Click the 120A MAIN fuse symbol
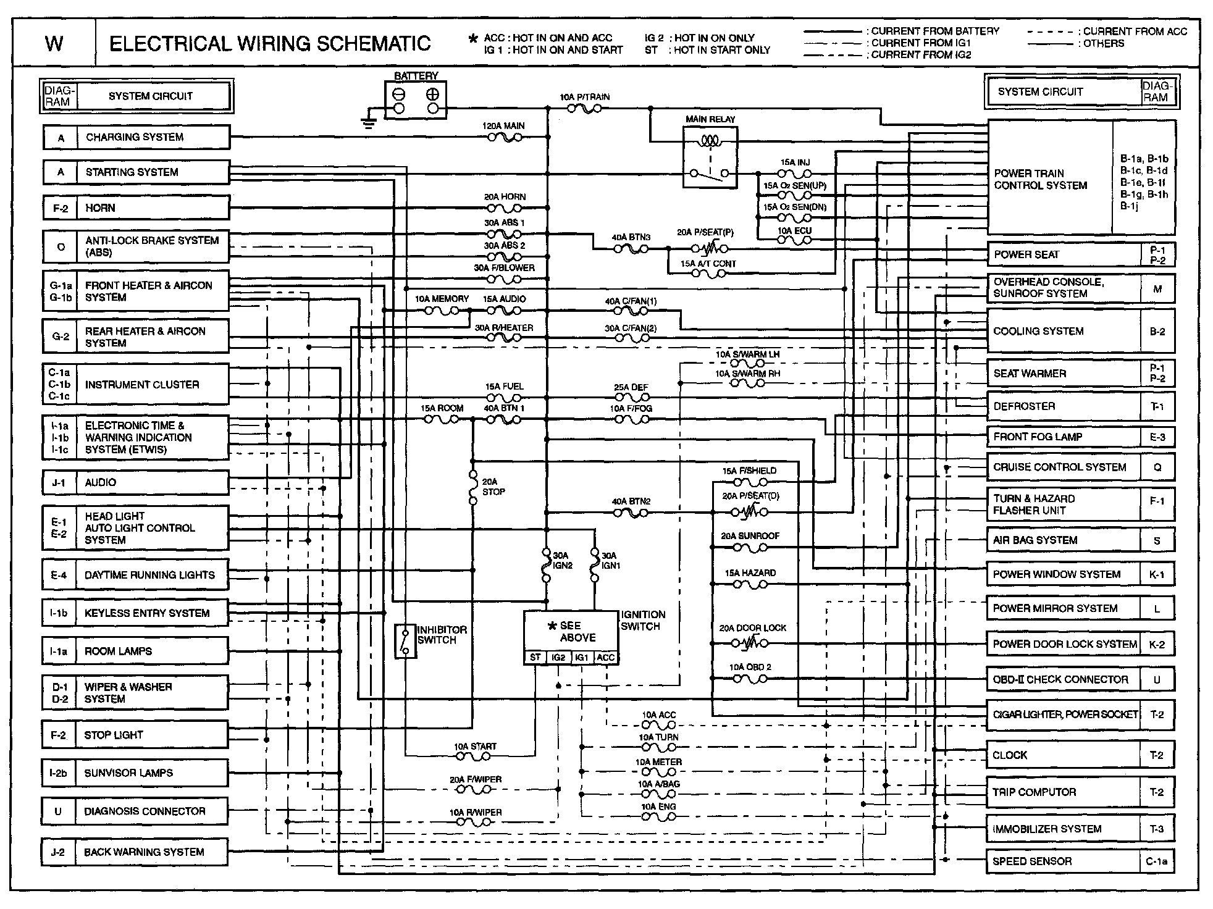(x=505, y=137)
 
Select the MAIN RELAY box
(x=710, y=157)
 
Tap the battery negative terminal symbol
(x=399, y=95)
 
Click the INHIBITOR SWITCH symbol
(x=405, y=641)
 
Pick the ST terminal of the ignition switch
(x=535, y=658)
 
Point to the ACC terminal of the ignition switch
(x=606, y=658)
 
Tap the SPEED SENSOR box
(x=1062, y=861)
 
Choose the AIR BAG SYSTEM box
(x=1062, y=540)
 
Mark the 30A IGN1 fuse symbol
(x=595, y=565)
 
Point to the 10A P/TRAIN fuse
(x=584, y=109)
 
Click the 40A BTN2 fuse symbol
(x=631, y=513)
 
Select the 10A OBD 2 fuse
(x=750, y=679)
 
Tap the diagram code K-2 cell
(x=1157, y=644)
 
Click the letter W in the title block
(x=54, y=43)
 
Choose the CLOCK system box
(x=1062, y=755)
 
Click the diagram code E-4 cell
(x=59, y=575)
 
